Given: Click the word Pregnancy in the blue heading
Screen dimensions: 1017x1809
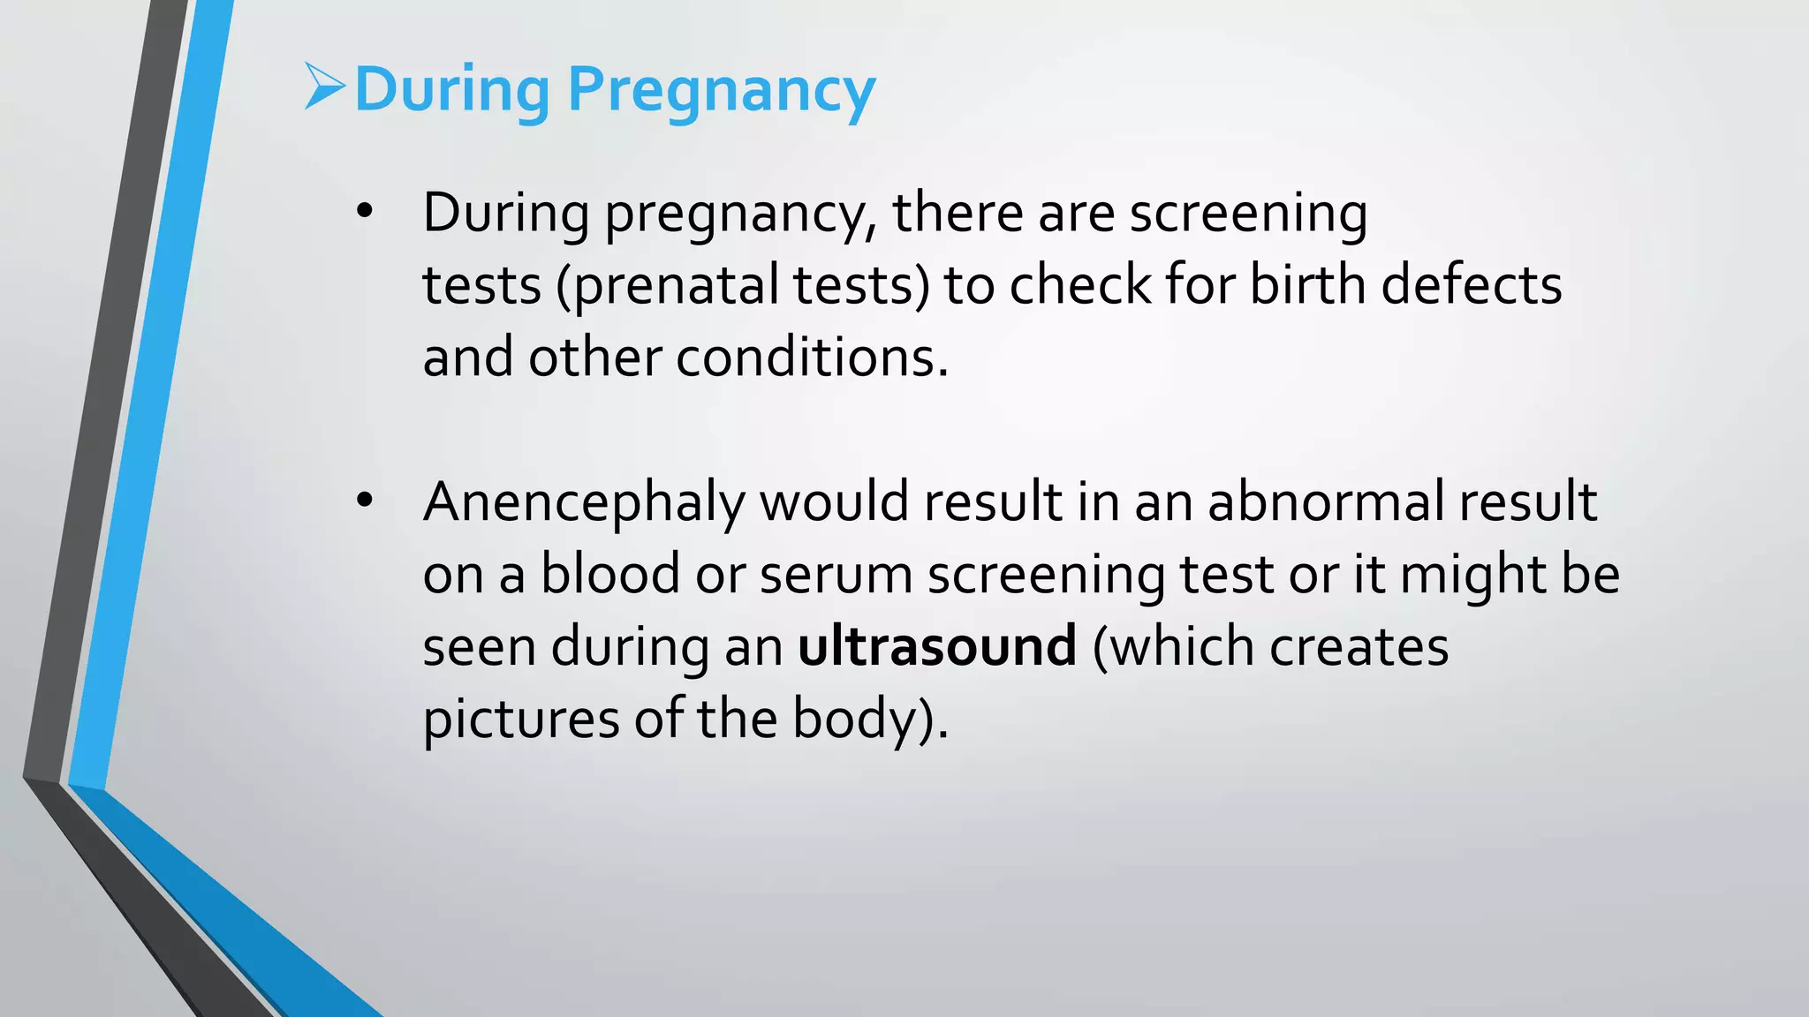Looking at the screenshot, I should pyautogui.click(x=721, y=90).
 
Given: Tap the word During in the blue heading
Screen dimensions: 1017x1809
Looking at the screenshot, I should pyautogui.click(x=451, y=90).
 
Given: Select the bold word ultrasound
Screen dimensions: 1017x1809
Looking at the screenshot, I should pyautogui.click(x=937, y=645).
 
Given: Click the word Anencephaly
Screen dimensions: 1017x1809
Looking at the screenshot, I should pyautogui.click(x=584, y=503).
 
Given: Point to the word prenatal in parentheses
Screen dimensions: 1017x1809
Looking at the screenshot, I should pyautogui.click(x=677, y=286).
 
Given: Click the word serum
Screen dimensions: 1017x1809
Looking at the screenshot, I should pyautogui.click(x=836, y=574).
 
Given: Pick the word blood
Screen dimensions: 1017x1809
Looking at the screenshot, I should pyautogui.click(x=610, y=574).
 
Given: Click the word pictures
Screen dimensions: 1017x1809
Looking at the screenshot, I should pyautogui.click(x=520, y=719).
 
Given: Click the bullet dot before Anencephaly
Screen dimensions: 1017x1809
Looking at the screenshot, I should pyautogui.click(x=365, y=501).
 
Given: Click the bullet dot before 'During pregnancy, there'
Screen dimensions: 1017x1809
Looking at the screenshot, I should pyautogui.click(x=365, y=213).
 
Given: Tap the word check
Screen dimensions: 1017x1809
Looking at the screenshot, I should pyautogui.click(x=1079, y=285).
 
